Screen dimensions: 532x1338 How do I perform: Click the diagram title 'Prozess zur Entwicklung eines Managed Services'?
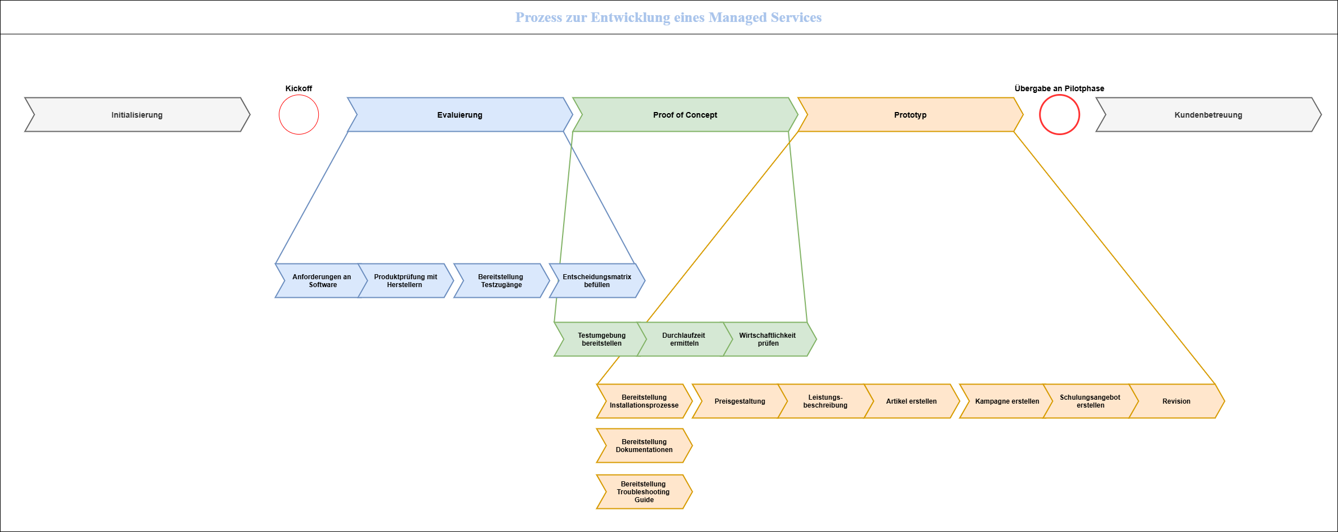pos(668,17)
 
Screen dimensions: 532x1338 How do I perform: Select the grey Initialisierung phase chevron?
pos(137,115)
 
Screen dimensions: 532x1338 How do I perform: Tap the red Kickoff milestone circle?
pos(299,115)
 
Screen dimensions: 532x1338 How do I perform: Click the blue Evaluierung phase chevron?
pos(460,115)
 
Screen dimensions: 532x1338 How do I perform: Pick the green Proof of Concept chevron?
pos(685,115)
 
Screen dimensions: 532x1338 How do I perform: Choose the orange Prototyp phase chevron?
pos(910,115)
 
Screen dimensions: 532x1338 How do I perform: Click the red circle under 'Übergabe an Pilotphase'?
pos(1059,115)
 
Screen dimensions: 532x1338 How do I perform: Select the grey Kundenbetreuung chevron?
pos(1208,115)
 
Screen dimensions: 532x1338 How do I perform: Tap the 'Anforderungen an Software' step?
pos(322,281)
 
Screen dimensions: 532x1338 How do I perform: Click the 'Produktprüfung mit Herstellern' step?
pos(405,281)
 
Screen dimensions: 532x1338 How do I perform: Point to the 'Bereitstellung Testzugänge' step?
pos(501,281)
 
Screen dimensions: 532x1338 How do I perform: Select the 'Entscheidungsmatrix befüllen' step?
pos(597,281)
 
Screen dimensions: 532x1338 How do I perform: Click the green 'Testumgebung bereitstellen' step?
pos(601,339)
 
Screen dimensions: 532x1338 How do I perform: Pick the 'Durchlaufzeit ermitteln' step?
pos(684,339)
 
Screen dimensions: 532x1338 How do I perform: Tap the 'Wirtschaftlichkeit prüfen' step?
pos(768,339)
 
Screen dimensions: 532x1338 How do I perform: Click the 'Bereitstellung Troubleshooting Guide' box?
pos(644,492)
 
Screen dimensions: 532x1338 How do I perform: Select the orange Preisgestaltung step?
pos(739,401)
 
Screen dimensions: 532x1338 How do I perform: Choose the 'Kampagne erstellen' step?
pos(1007,401)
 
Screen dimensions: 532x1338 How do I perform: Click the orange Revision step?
pos(1176,401)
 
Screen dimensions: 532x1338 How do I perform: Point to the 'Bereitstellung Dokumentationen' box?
pos(644,446)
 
